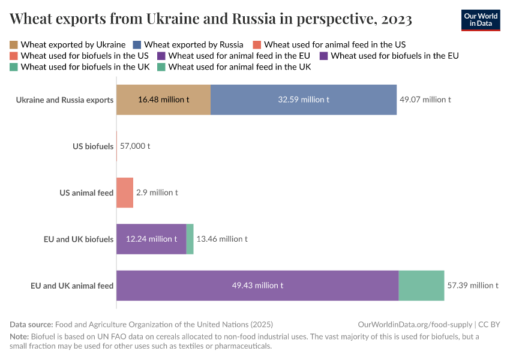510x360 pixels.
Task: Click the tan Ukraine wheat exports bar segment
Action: (x=163, y=100)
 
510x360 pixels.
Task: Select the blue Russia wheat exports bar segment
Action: (x=303, y=100)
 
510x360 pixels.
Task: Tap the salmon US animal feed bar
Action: (x=124, y=193)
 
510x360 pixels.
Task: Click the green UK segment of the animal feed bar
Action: (x=421, y=285)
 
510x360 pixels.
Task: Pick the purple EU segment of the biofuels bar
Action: (x=151, y=239)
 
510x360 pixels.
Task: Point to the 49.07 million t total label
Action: (x=425, y=100)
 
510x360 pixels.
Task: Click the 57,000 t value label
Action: (x=135, y=146)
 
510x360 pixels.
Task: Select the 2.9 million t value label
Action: (x=157, y=193)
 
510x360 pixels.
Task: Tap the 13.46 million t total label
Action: (x=222, y=239)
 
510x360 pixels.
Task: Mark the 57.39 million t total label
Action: (x=472, y=285)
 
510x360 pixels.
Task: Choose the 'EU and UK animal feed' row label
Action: (x=72, y=285)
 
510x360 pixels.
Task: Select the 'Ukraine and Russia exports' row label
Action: (x=65, y=100)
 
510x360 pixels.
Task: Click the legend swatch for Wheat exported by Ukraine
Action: (x=14, y=44)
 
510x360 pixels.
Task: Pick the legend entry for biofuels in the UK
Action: (x=85, y=67)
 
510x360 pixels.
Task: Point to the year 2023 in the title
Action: (x=396, y=19)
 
